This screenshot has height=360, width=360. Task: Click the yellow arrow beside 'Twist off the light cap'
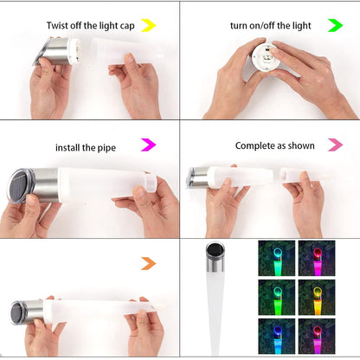point(148,25)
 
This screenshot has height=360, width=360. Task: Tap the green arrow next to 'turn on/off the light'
point(334,25)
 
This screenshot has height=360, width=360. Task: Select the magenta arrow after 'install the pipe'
point(148,145)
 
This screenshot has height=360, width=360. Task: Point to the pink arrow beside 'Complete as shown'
point(334,145)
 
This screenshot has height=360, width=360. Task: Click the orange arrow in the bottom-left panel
point(148,263)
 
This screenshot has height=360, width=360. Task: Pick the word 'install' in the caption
point(71,147)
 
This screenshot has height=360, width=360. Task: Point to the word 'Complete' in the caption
point(255,145)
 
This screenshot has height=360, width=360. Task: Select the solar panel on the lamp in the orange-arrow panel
point(17,312)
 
